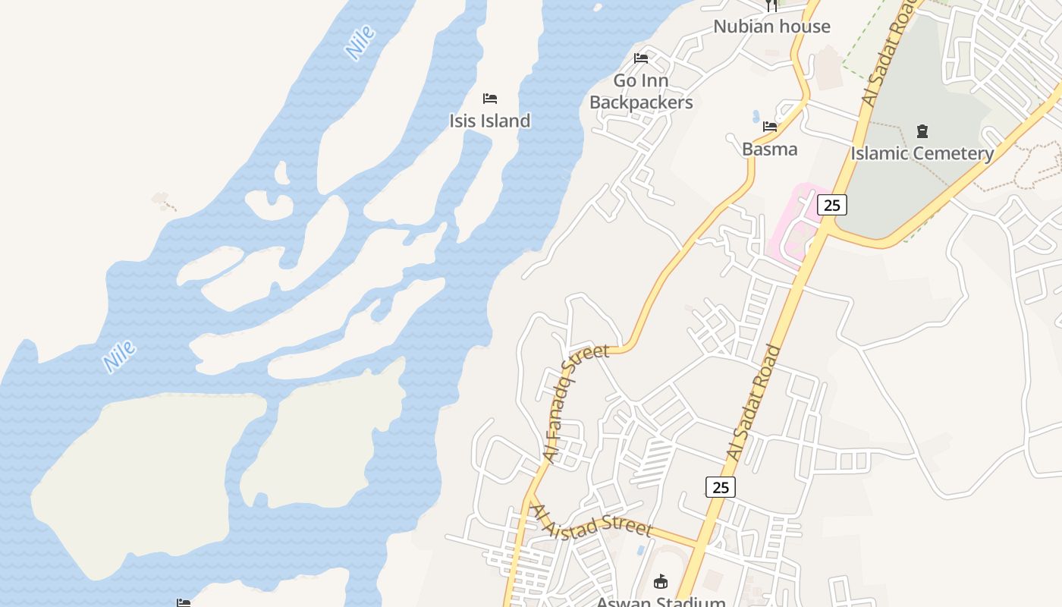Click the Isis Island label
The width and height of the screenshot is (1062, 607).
[x=489, y=121]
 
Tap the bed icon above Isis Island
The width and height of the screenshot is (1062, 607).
[x=490, y=99]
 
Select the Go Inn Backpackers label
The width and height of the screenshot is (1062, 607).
[x=641, y=91]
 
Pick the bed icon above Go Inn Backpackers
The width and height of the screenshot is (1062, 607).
[x=641, y=58]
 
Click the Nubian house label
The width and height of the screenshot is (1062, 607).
[x=771, y=27]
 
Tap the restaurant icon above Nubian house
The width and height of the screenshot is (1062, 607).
[x=771, y=6]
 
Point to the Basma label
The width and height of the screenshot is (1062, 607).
[x=769, y=149]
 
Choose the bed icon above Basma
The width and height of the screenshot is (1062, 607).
[x=770, y=127]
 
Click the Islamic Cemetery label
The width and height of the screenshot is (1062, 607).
[x=922, y=153]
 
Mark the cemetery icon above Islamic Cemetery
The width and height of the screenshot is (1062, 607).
[x=922, y=131]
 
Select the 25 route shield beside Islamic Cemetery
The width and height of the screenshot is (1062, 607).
[x=832, y=204]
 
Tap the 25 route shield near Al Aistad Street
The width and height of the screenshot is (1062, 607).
[x=721, y=486]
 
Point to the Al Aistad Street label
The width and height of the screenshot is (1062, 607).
[x=592, y=520]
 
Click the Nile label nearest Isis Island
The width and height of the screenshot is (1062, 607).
[x=360, y=42]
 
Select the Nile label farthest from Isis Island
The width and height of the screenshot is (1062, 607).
[x=120, y=356]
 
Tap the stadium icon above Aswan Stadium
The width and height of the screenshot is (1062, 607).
[x=661, y=582]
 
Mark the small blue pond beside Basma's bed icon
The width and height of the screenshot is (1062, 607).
[x=756, y=117]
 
